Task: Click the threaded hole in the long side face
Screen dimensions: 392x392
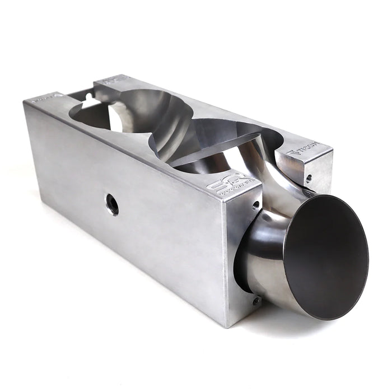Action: pos(112,204)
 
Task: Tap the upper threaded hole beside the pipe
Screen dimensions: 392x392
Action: pos(256,204)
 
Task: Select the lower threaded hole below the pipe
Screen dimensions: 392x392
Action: pos(255,301)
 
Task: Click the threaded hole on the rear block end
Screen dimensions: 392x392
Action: pos(309,178)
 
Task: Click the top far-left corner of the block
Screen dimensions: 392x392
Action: pos(25,101)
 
